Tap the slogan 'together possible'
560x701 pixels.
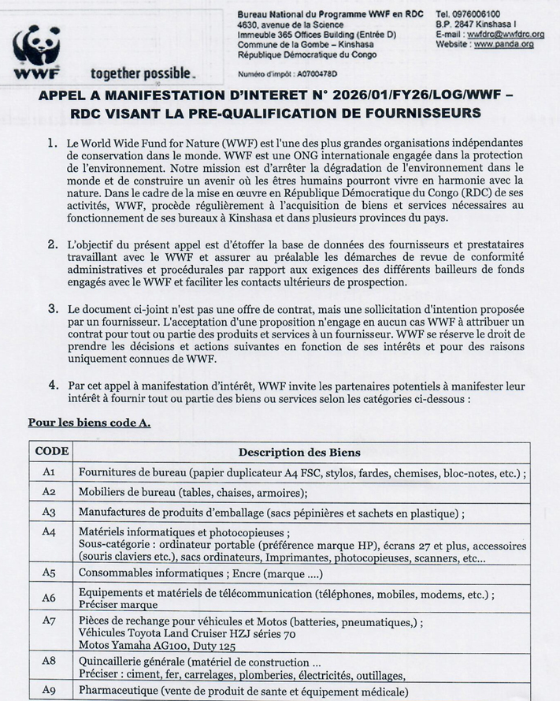pos(141,74)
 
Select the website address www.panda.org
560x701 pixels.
pos(505,45)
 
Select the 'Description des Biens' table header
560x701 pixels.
pos(299,453)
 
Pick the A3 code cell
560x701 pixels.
pos(49,512)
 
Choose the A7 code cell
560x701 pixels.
pos(49,621)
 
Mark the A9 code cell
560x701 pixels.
pos(49,691)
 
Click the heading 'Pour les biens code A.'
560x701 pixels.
pos(89,423)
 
